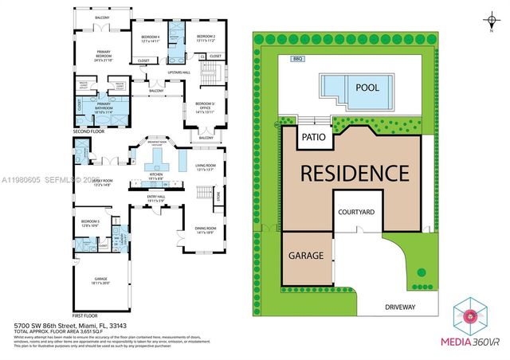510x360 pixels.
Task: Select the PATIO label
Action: [312, 137]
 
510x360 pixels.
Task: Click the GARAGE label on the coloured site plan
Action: [306, 256]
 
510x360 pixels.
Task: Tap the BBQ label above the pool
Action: [299, 59]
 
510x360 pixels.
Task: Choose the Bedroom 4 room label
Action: [151, 37]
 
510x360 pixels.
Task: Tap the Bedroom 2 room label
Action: [206, 37]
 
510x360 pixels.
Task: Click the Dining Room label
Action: [206, 231]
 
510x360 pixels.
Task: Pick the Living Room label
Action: [206, 167]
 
